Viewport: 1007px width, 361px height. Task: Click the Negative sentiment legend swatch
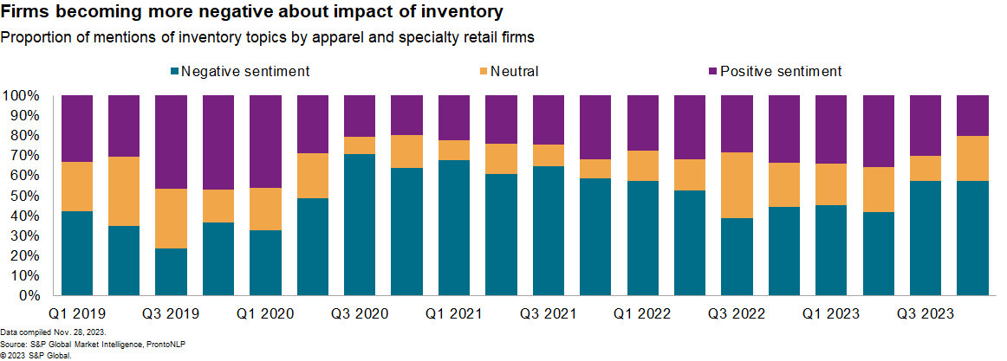tap(175, 71)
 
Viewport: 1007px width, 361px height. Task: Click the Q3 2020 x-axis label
tap(359, 313)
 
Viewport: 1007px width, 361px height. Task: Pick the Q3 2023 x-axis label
tap(926, 313)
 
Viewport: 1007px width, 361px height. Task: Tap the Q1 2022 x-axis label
tap(642, 313)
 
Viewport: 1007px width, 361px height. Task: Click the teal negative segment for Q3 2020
tap(360, 224)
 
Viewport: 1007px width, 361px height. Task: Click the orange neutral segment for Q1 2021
tap(454, 150)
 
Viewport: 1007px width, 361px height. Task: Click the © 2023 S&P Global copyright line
tap(36, 355)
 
